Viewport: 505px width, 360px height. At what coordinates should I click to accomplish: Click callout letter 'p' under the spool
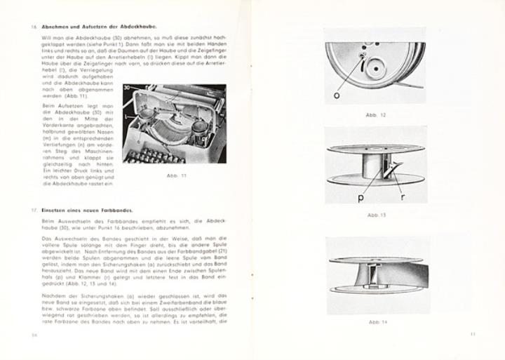(361, 198)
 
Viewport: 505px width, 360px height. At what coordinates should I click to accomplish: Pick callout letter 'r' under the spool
(401, 197)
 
